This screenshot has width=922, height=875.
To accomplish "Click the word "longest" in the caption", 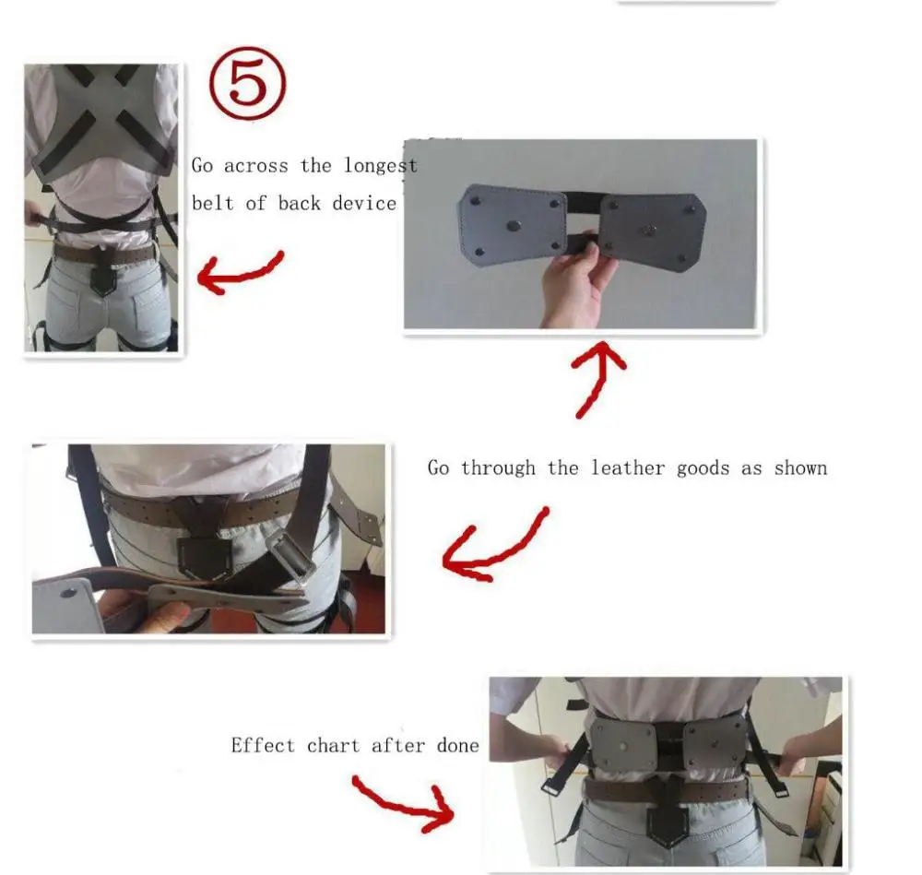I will pyautogui.click(x=381, y=166).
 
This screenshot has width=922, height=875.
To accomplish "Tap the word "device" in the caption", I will pyautogui.click(x=364, y=203).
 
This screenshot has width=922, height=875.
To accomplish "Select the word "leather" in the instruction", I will pyautogui.click(x=629, y=467).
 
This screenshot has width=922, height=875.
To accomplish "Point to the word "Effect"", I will pyautogui.click(x=263, y=744).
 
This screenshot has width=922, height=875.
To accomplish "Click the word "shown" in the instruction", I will pyautogui.click(x=800, y=467).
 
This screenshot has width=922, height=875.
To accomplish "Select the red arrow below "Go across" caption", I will pyautogui.click(x=241, y=272).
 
